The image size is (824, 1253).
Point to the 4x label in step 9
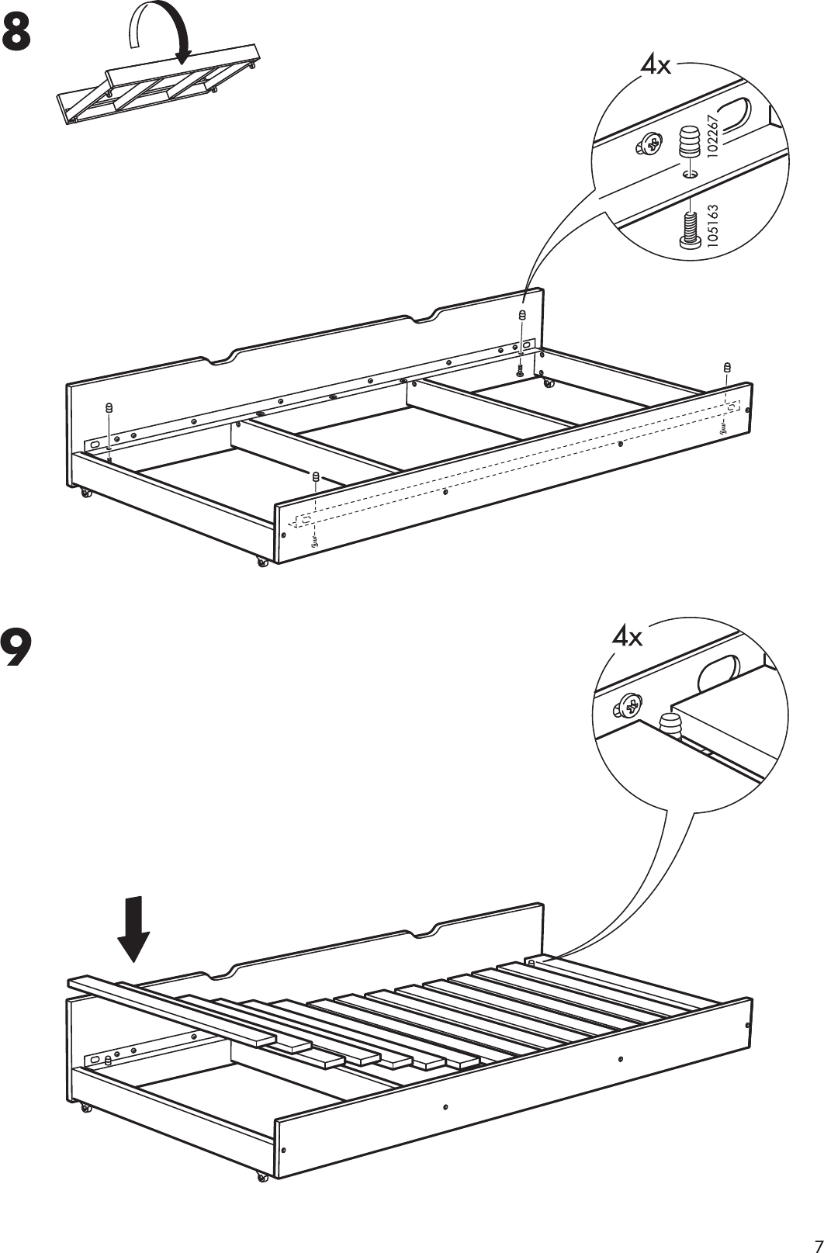(627, 638)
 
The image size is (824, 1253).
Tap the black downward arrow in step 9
(134, 927)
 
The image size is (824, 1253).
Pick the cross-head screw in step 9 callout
(631, 705)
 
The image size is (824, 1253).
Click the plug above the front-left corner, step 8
(317, 476)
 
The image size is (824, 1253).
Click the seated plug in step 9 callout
(670, 725)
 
